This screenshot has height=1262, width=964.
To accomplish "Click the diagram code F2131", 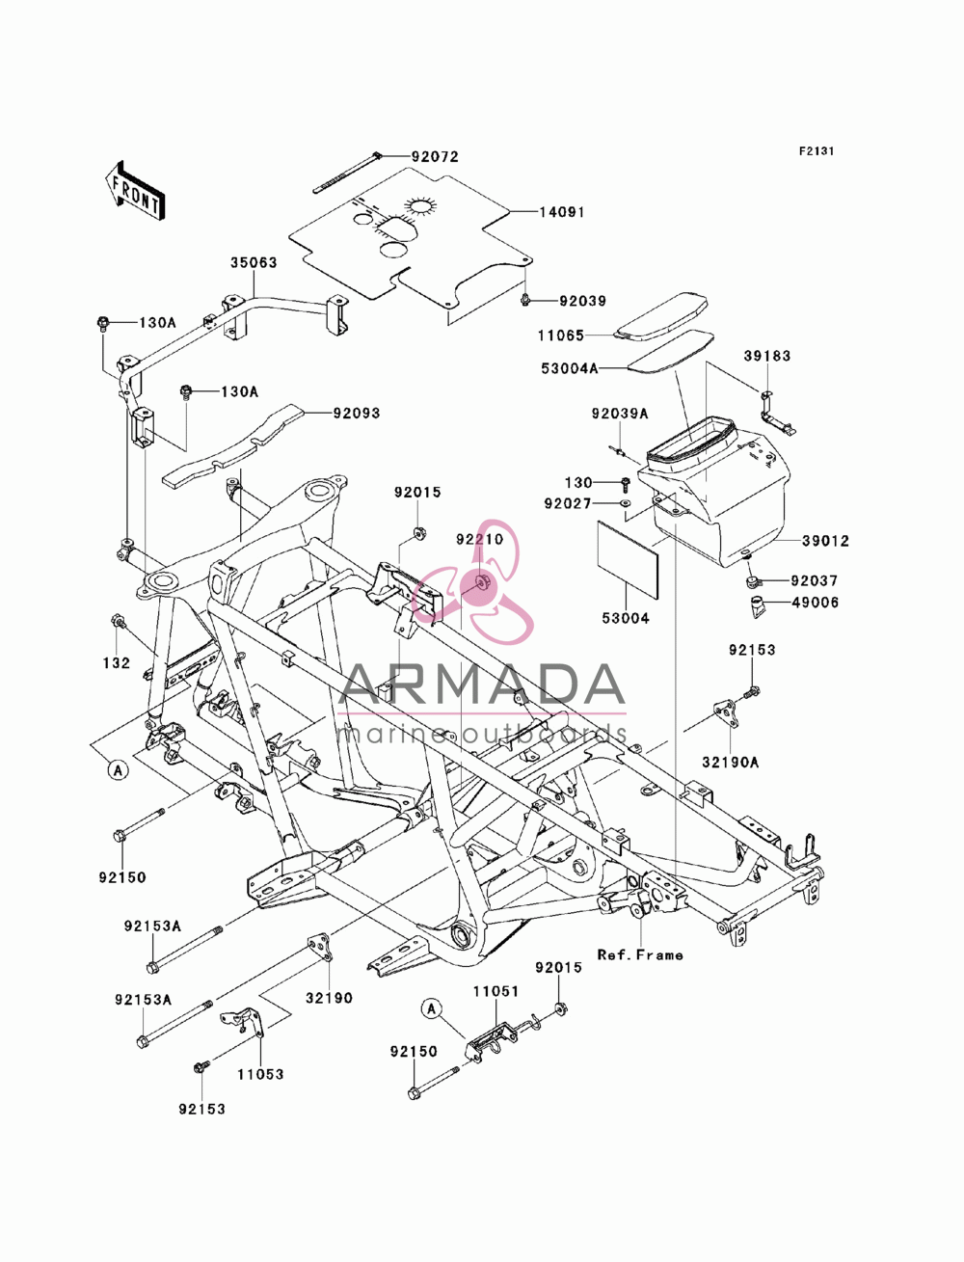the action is (817, 151).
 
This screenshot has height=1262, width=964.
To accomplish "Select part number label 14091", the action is (562, 212).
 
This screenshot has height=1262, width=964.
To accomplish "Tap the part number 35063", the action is (254, 262).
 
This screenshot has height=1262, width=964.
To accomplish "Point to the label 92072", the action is (435, 157).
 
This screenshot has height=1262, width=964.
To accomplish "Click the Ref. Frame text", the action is (640, 955).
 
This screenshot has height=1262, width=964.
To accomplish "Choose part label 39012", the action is (825, 541).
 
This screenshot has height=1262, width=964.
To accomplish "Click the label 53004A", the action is (569, 368).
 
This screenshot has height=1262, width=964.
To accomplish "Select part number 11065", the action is (560, 336).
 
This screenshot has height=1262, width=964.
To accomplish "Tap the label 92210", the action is (479, 539).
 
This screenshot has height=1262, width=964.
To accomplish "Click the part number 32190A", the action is (730, 763).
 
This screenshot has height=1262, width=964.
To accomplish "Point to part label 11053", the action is (261, 1074).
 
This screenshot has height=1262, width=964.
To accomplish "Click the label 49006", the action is (816, 603).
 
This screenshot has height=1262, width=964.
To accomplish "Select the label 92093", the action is (357, 414).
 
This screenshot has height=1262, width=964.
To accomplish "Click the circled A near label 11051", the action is (431, 1007).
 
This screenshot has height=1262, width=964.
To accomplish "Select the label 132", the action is (117, 663).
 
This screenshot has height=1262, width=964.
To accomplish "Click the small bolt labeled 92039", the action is (524, 300).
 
